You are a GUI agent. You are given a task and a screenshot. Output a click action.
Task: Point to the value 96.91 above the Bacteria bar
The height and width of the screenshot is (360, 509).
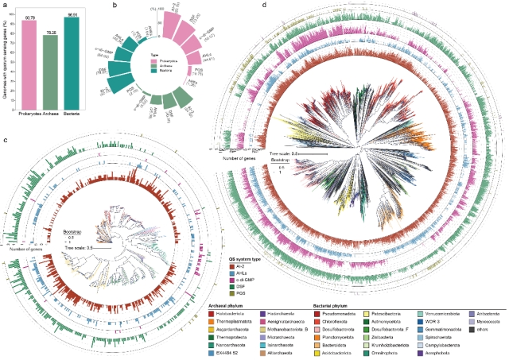pos(76,16)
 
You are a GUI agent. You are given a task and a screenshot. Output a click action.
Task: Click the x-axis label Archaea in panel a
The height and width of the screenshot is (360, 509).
pos(53,127)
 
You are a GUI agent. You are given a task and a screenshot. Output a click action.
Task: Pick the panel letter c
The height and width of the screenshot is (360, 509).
pos(6,140)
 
